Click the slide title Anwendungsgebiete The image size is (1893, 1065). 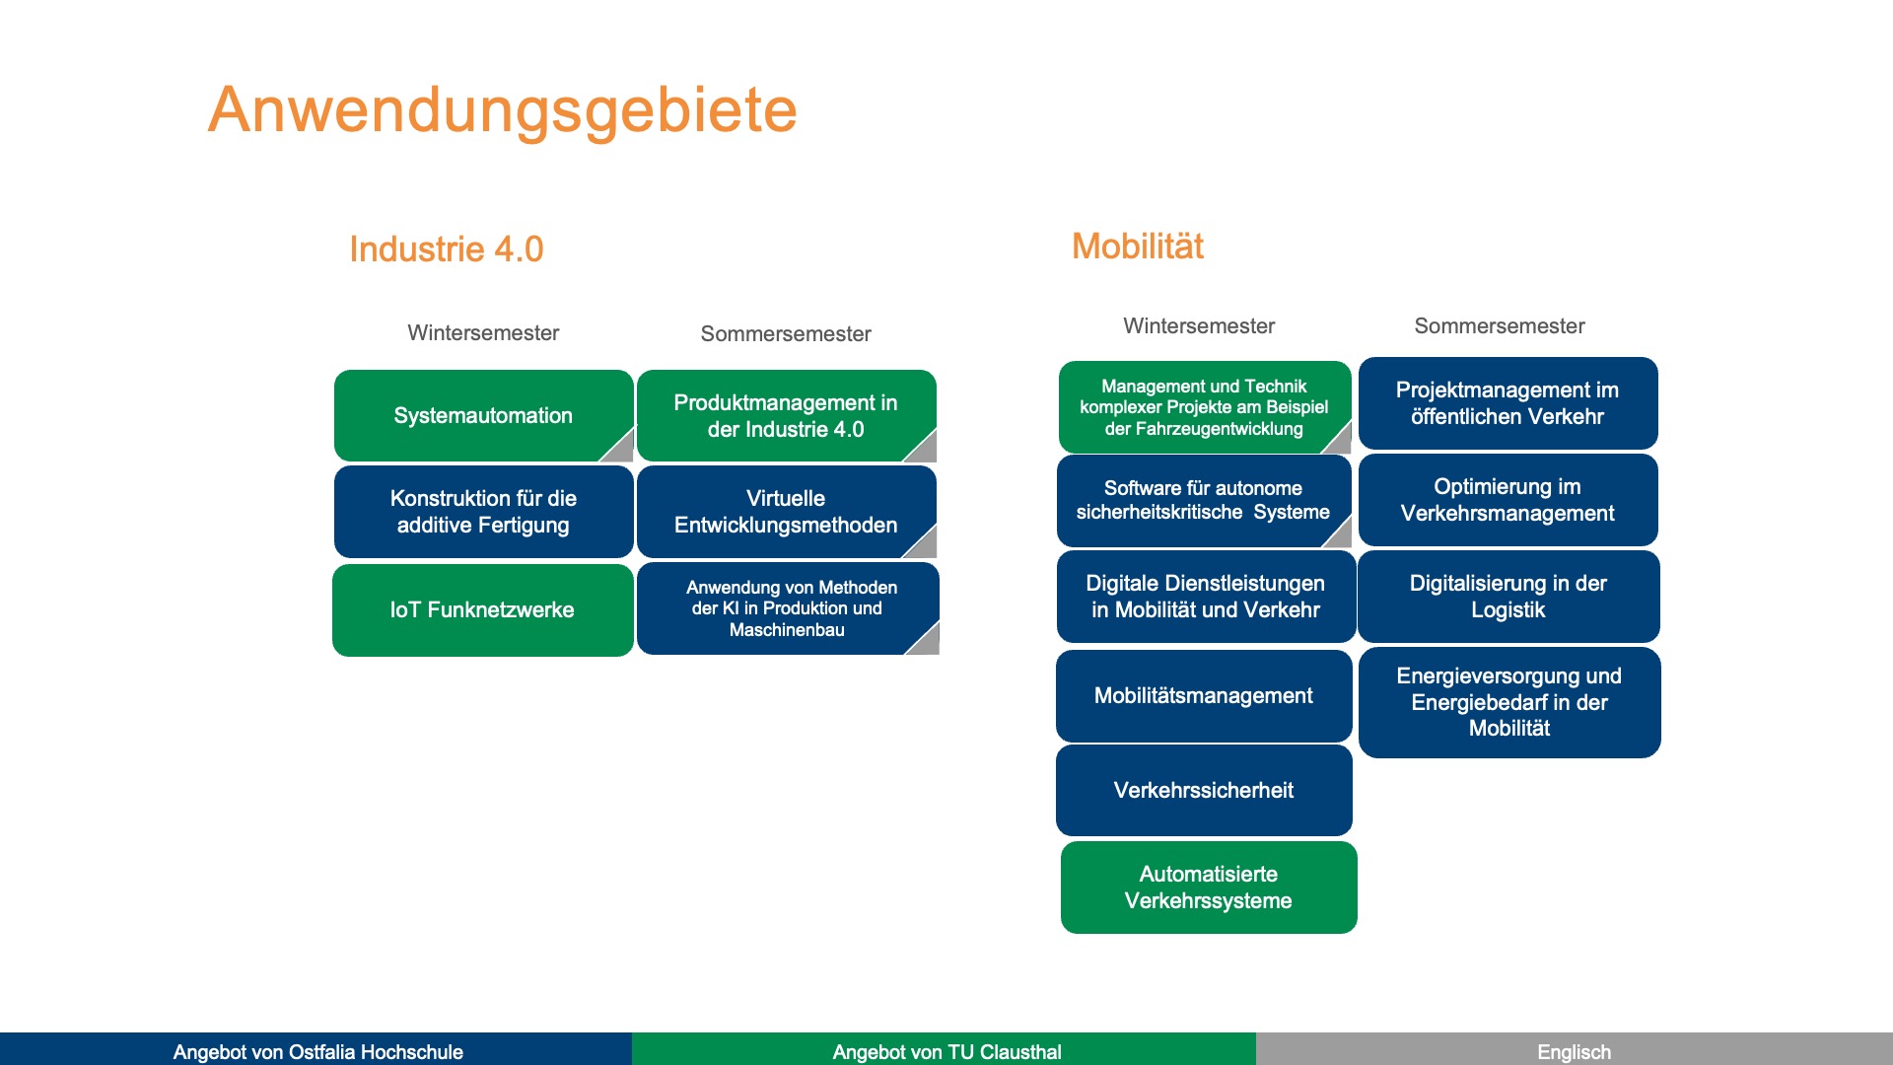tap(502, 109)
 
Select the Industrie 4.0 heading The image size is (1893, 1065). tap(446, 249)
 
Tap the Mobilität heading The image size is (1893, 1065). tap(1137, 247)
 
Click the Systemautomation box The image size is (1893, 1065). tap(482, 415)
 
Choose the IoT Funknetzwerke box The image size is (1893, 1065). tap(482, 609)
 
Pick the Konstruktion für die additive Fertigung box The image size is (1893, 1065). tap(482, 512)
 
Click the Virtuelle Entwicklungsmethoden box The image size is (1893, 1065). tap(785, 512)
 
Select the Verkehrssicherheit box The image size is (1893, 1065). tap(1203, 790)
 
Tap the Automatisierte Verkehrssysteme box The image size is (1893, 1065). tap(1208, 887)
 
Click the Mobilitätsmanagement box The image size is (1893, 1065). tap(1203, 696)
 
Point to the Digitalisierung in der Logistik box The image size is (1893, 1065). tap(1507, 597)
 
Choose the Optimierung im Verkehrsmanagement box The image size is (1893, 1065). tap(1507, 500)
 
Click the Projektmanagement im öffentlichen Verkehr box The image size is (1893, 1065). tap(1507, 403)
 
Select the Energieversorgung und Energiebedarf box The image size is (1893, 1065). tap(1508, 702)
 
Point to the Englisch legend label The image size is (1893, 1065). tap(1574, 1051)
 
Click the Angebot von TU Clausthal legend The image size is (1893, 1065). tap(946, 1051)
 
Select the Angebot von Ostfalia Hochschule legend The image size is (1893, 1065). tap(317, 1051)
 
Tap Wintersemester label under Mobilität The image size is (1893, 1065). tap(1198, 326)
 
